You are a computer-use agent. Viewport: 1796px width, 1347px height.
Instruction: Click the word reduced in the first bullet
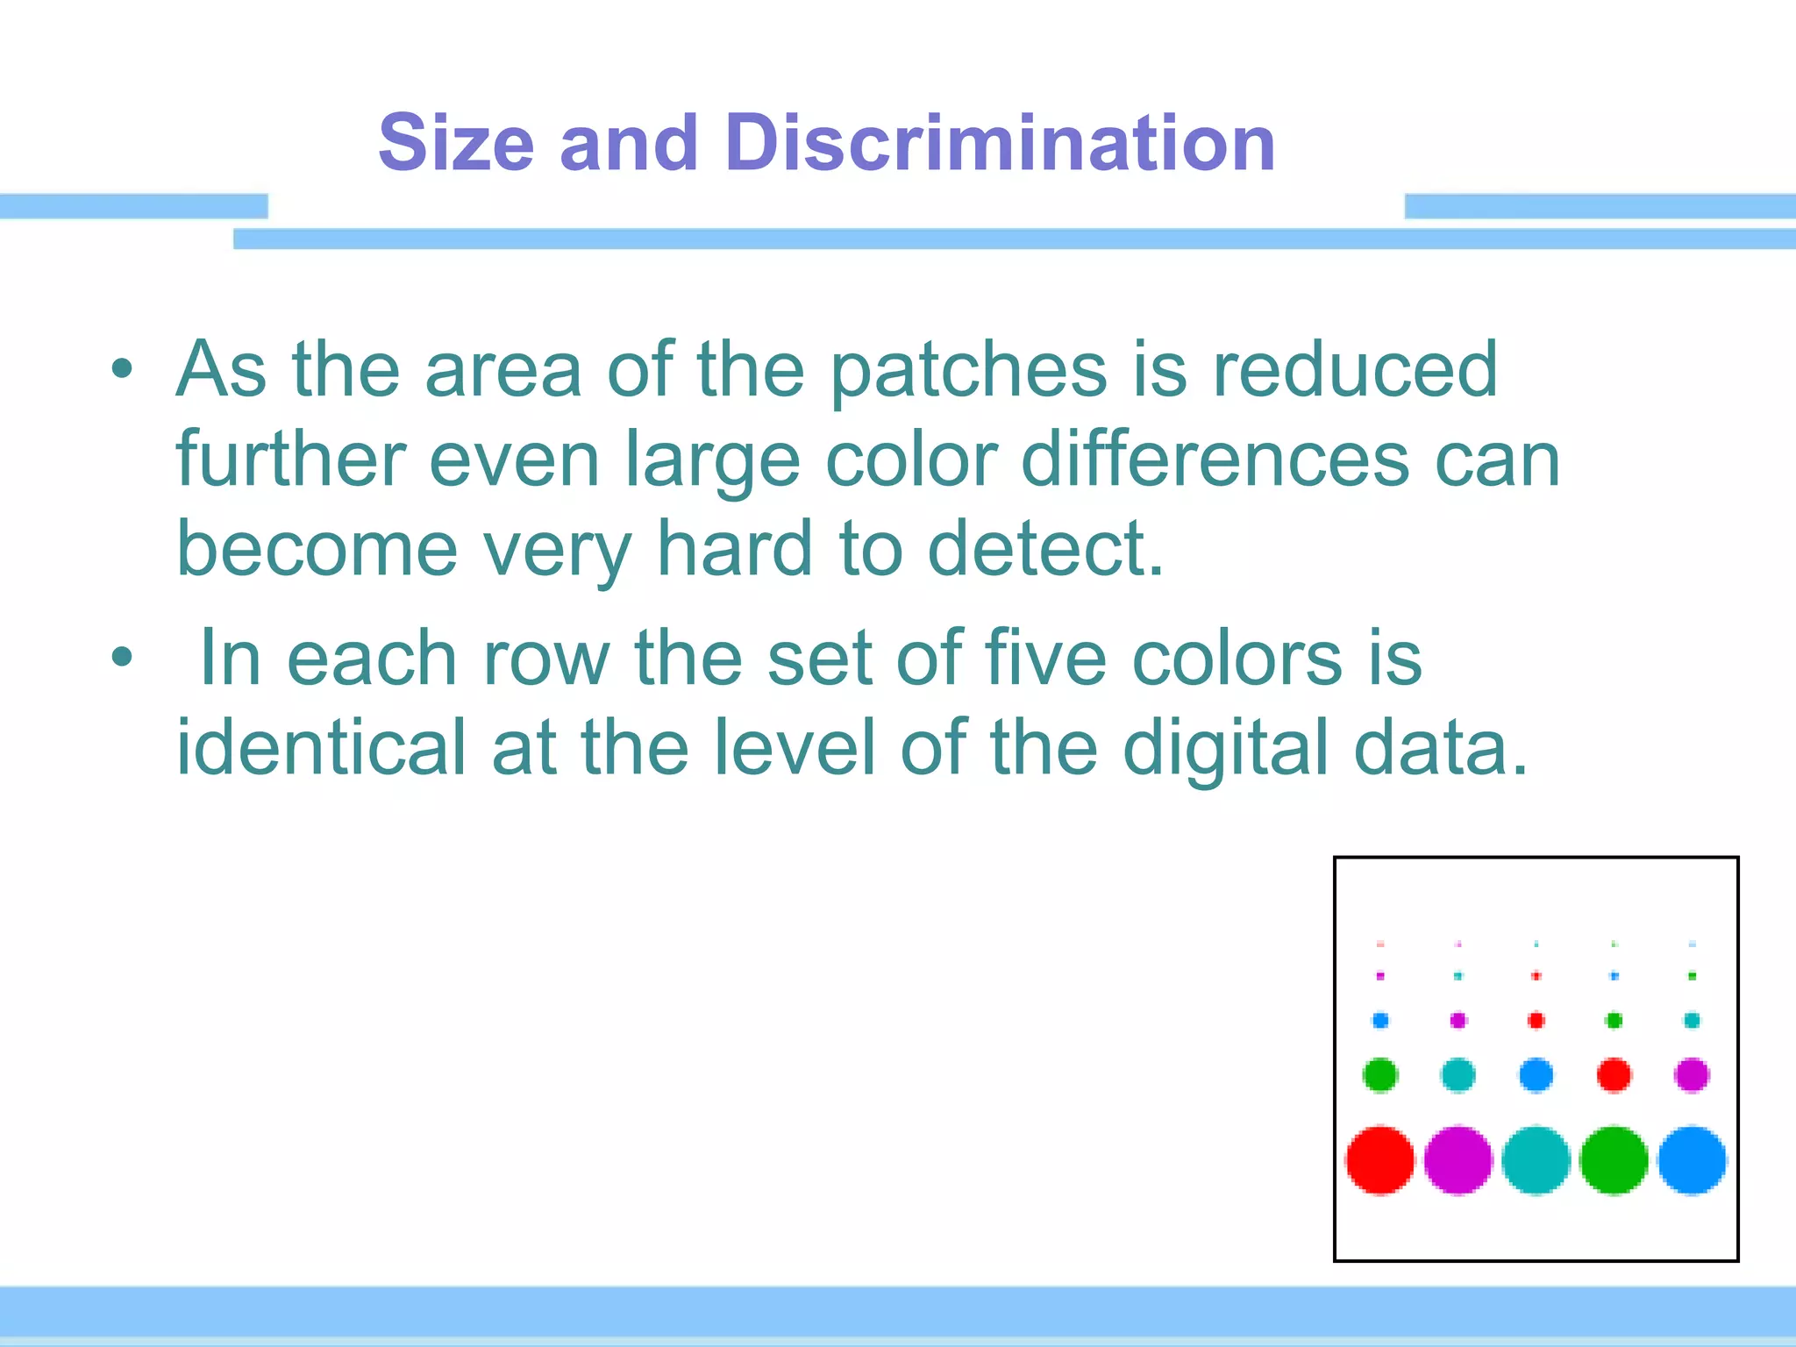coord(1355,370)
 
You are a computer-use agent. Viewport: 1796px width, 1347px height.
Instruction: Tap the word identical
coord(321,747)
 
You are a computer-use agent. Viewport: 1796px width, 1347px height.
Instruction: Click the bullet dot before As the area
coord(122,369)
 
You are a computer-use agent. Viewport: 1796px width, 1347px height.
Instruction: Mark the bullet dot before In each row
coord(122,656)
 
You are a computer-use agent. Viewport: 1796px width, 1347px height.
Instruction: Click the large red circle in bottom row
coord(1379,1160)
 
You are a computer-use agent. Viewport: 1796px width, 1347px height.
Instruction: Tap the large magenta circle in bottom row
coord(1457,1160)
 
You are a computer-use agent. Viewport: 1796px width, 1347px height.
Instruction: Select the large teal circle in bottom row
coord(1536,1160)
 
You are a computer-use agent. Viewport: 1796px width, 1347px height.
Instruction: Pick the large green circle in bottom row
coord(1614,1160)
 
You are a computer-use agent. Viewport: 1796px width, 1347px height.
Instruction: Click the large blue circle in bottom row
coord(1692,1160)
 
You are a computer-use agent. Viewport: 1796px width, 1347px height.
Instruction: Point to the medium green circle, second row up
coord(1379,1074)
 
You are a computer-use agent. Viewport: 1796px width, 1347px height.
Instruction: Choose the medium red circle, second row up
coord(1614,1074)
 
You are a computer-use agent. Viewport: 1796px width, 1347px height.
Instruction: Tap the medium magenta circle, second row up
coord(1692,1074)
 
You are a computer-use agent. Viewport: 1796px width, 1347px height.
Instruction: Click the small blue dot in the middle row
coord(1379,1020)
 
